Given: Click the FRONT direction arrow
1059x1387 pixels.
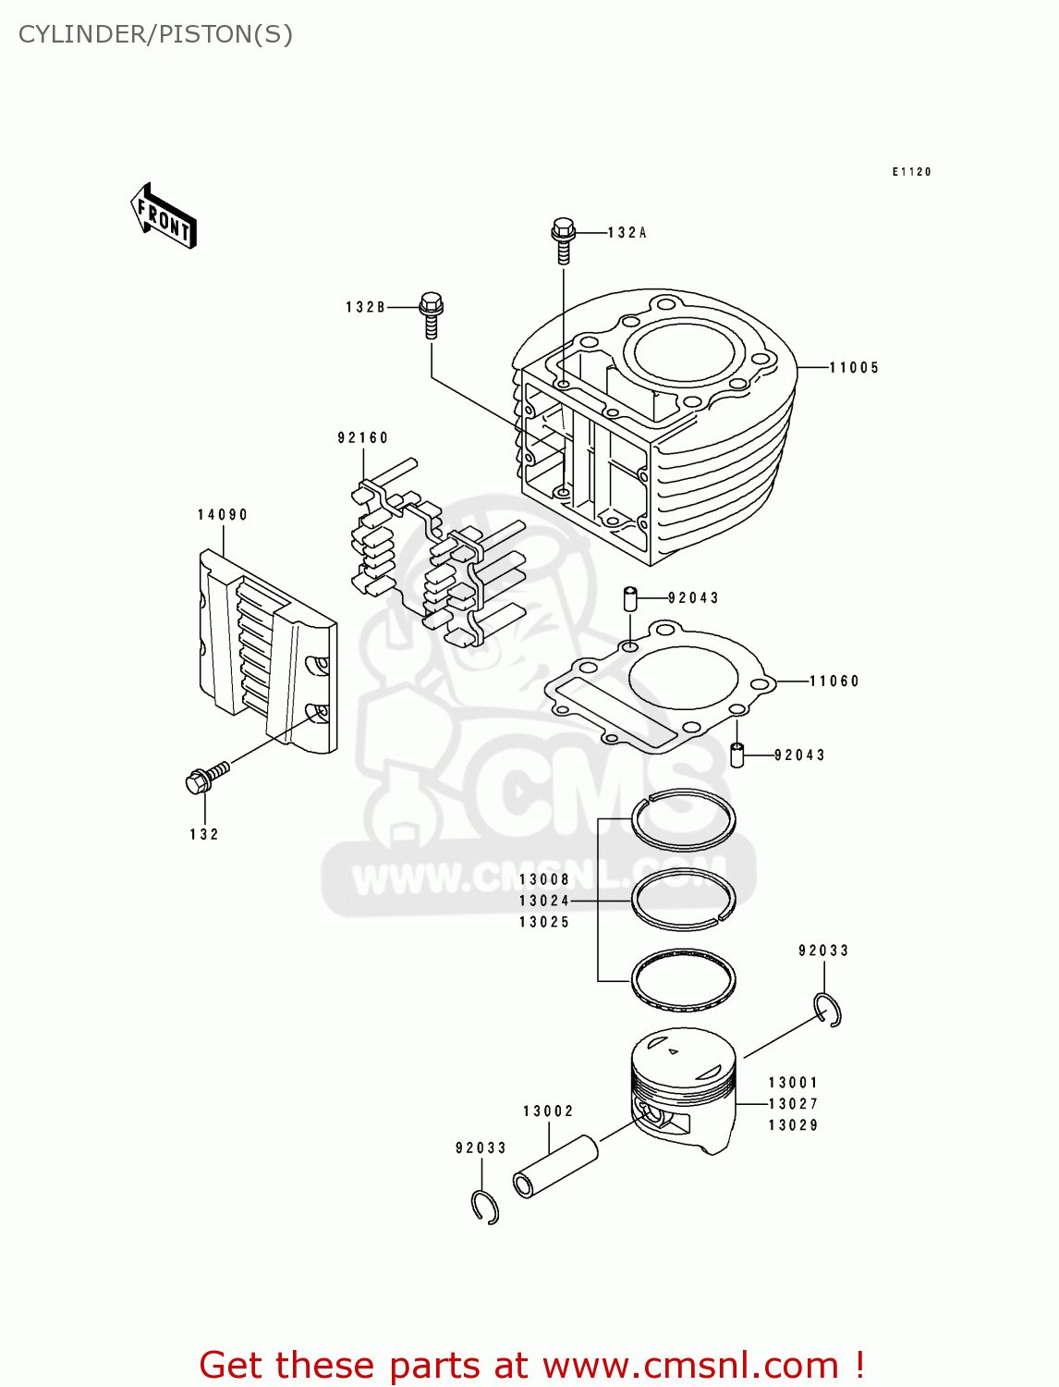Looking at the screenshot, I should pyautogui.click(x=164, y=216).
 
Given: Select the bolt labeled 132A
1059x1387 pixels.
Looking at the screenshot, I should pyautogui.click(x=563, y=239).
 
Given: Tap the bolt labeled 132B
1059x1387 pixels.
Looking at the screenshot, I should pyautogui.click(x=431, y=314).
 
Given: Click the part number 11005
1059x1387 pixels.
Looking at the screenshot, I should pyautogui.click(x=853, y=368).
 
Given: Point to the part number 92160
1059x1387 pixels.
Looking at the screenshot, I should pyautogui.click(x=362, y=438).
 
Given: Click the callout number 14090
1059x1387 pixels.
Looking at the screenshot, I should pyautogui.click(x=222, y=515).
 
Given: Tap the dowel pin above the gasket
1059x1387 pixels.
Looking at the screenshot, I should pyautogui.click(x=630, y=598).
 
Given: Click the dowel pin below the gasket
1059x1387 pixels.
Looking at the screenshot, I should pyautogui.click(x=737, y=755).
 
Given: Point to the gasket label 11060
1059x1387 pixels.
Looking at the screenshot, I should pyautogui.click(x=834, y=681).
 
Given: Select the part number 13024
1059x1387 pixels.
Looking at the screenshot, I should pyautogui.click(x=543, y=901).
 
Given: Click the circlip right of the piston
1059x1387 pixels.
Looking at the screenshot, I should pyautogui.click(x=828, y=1010).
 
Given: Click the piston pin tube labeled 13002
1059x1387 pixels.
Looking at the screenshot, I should pyautogui.click(x=554, y=1167).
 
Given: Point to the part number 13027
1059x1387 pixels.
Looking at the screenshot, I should pyautogui.click(x=793, y=1104).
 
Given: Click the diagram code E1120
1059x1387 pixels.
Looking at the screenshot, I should pyautogui.click(x=911, y=172).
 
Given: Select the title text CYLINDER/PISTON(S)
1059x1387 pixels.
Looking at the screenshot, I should pyautogui.click(x=155, y=34).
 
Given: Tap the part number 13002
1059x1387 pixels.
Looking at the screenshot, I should pyautogui.click(x=547, y=1111).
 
